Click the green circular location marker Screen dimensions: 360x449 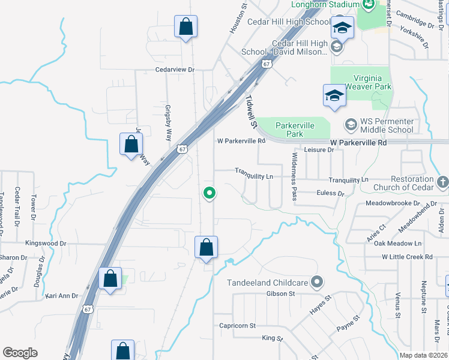209,193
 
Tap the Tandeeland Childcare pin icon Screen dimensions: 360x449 318,282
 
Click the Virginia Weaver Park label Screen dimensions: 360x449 372,82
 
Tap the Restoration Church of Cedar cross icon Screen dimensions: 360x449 442,181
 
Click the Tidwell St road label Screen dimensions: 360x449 250,112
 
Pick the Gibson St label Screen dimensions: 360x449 281,293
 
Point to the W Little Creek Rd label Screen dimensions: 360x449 407,257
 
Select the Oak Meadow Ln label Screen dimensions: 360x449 397,243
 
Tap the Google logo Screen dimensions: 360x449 20,353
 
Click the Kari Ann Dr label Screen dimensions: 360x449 62,296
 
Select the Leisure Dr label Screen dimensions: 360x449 318,150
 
